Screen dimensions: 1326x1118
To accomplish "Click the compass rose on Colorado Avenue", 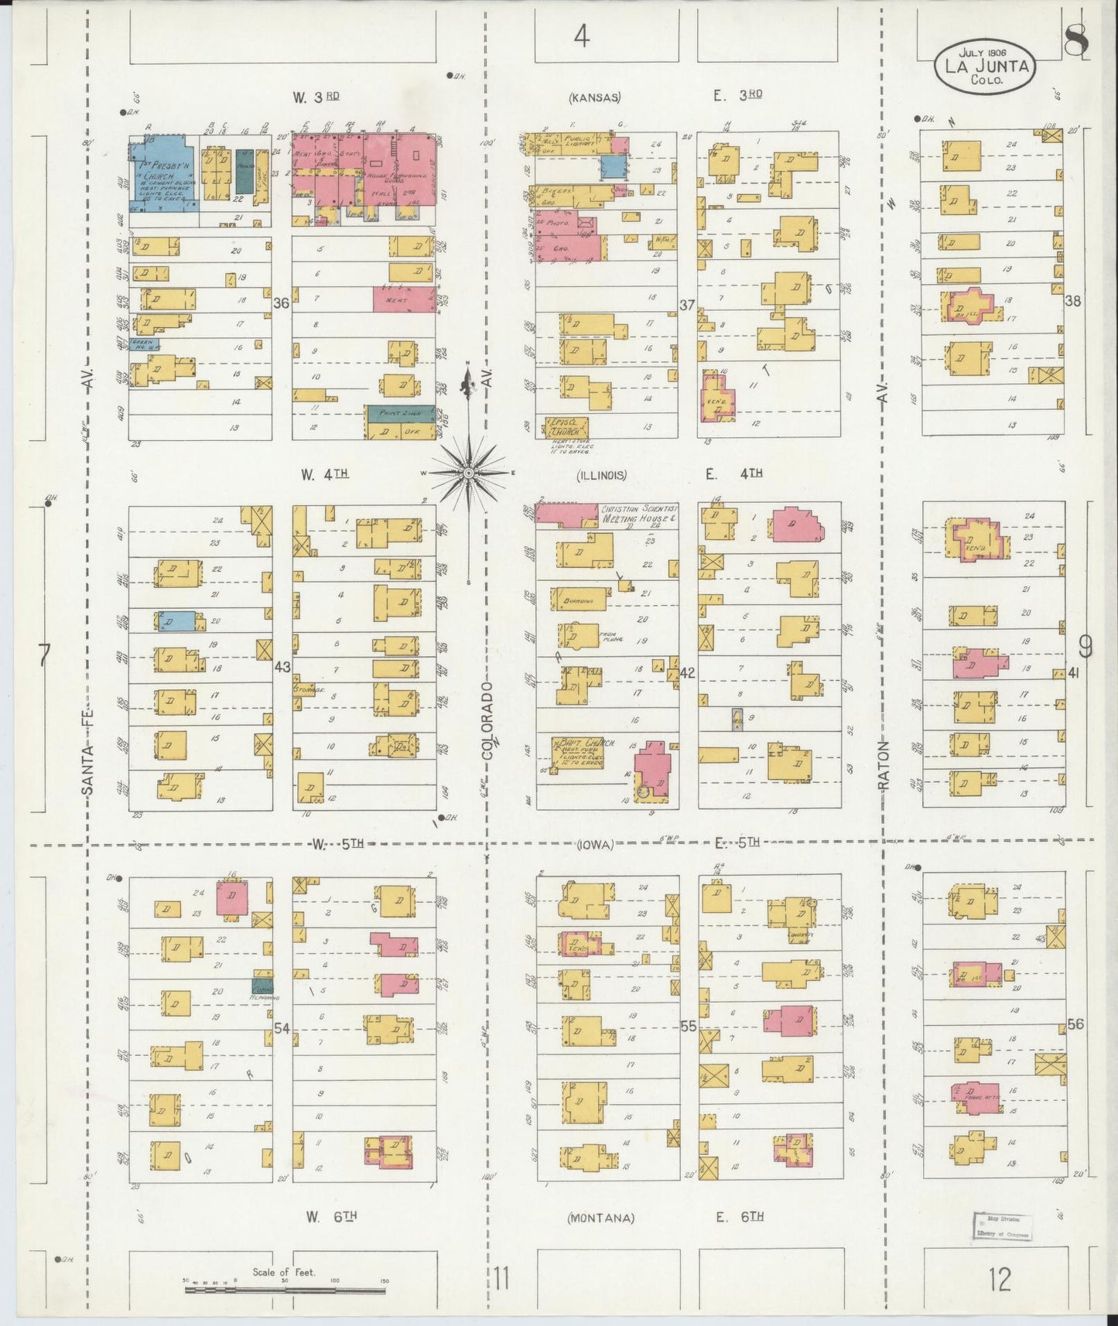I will pos(469,471).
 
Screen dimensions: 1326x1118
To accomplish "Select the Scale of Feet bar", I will pos(286,1281).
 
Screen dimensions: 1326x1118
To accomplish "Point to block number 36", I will pos(281,303).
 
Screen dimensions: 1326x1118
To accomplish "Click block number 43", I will pos(282,666).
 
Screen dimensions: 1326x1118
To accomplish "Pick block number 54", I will pos(282,1028).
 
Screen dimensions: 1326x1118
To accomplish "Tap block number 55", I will pos(688,1027).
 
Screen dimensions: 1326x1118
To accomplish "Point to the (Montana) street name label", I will pos(601,1218).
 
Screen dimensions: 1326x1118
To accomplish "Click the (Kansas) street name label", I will pos(594,97).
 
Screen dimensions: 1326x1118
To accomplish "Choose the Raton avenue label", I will pos(884,766).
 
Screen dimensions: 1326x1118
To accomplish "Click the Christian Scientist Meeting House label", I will pos(639,514).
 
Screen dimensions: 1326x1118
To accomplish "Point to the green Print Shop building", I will pos(399,414).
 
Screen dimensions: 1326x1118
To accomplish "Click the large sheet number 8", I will pos(1075,40).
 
